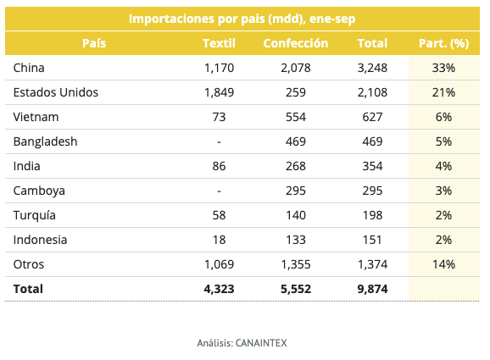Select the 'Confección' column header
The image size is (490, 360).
(x=295, y=43)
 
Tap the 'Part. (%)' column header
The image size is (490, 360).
(x=443, y=43)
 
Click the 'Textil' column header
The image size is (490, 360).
(x=219, y=43)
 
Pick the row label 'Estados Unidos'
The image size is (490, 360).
(x=56, y=92)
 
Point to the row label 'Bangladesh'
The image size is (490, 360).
(x=46, y=141)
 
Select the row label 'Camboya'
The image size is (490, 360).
(x=40, y=191)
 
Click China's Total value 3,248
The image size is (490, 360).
(x=372, y=68)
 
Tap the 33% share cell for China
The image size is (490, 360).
(x=444, y=68)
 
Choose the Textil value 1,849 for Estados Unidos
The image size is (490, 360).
(x=219, y=92)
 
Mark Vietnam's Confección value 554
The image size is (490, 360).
(x=295, y=117)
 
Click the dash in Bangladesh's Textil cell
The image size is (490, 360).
(x=219, y=141)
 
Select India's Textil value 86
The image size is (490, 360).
(x=219, y=166)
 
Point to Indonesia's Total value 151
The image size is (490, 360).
(x=372, y=240)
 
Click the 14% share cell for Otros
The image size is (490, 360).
(x=444, y=264)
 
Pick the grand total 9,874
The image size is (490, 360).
(x=372, y=289)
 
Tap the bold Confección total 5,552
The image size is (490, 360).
(x=295, y=289)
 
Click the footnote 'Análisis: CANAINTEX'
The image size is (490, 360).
(x=244, y=343)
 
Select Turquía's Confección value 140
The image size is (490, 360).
(x=295, y=215)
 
